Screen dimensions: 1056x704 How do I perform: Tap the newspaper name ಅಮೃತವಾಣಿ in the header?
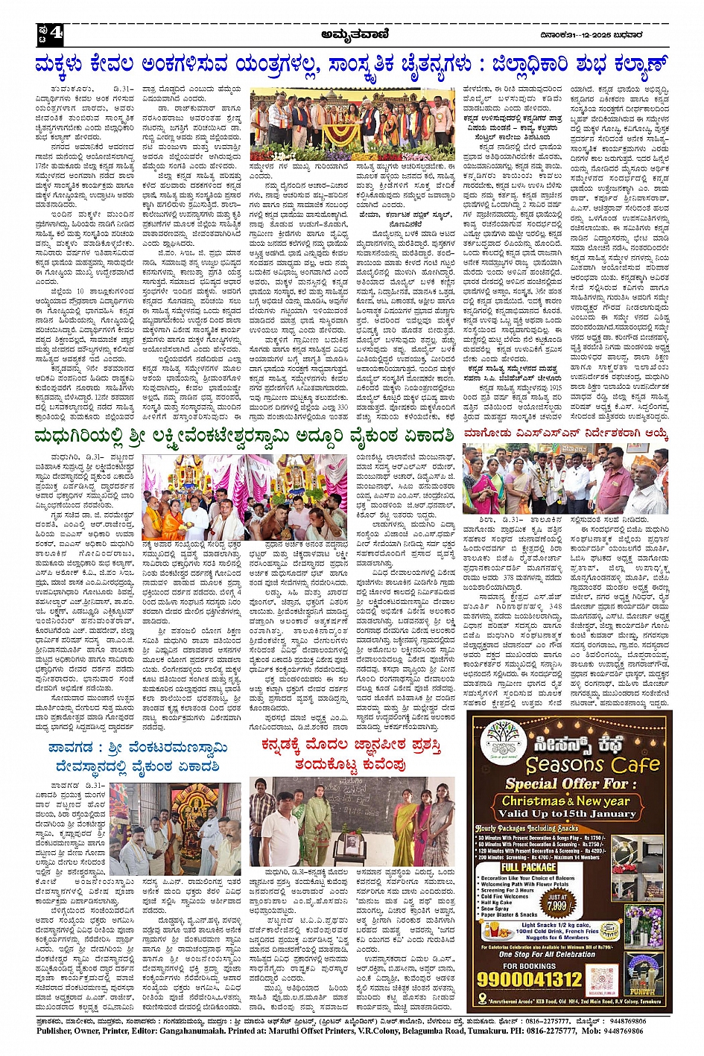point(352,32)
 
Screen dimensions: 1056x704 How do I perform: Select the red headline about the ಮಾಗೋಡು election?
point(565,433)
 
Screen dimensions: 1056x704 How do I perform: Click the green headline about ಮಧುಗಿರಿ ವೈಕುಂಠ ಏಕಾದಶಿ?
point(244,436)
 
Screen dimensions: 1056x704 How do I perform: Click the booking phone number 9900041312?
point(530,978)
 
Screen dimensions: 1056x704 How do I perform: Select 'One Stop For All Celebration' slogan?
point(547,954)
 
